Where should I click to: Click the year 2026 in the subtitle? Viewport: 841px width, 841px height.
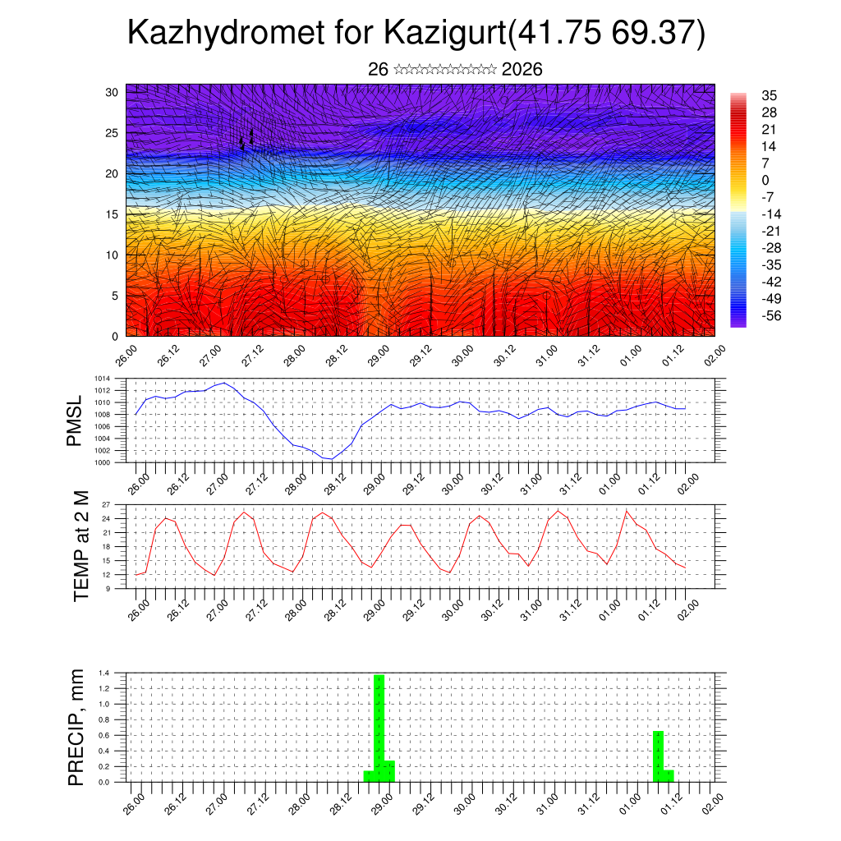[522, 70]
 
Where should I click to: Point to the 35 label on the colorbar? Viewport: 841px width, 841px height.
[770, 95]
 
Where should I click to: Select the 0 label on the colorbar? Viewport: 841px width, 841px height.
[765, 180]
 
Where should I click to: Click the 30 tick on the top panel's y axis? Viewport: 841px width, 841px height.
[112, 92]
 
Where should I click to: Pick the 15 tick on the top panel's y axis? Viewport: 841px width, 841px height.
[112, 214]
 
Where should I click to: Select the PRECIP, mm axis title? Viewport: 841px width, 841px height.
[76, 726]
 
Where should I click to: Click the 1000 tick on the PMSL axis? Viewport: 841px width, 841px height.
[103, 462]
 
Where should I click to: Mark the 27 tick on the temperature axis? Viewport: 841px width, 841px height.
[106, 504]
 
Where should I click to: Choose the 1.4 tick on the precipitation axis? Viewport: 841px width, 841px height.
[104, 673]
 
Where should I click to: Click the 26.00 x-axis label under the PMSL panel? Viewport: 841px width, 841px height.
[140, 479]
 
